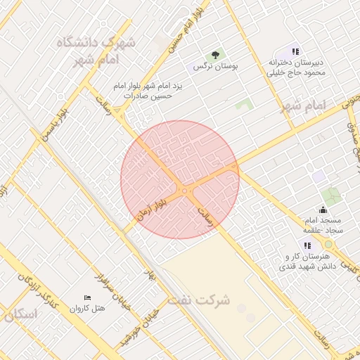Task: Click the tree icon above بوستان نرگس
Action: (x=216, y=55)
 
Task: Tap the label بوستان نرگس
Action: (x=217, y=66)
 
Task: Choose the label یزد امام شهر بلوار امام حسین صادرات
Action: (x=148, y=90)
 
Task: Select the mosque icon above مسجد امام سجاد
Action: (x=323, y=209)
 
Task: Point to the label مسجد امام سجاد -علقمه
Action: (x=322, y=225)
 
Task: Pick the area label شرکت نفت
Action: (x=199, y=300)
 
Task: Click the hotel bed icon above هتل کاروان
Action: (x=87, y=298)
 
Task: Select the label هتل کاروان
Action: (x=88, y=308)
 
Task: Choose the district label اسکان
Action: (x=19, y=314)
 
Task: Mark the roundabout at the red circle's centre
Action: (x=184, y=191)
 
